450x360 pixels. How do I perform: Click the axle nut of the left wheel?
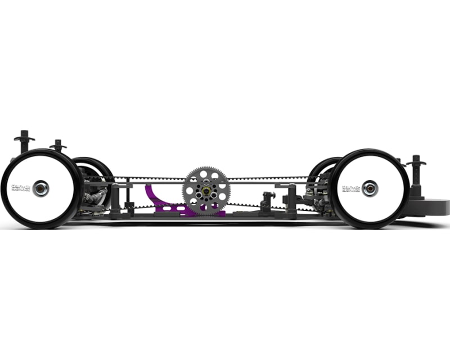(x=40, y=188)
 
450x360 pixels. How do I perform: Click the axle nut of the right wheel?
(x=370, y=188)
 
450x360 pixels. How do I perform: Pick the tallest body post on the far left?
(x=24, y=140)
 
